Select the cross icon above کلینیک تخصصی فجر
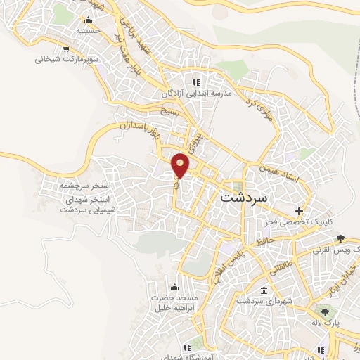point(300,211)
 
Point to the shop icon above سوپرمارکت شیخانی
point(65,49)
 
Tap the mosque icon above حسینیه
point(87,20)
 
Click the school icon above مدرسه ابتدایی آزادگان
point(206,82)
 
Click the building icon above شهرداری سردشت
point(264,290)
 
